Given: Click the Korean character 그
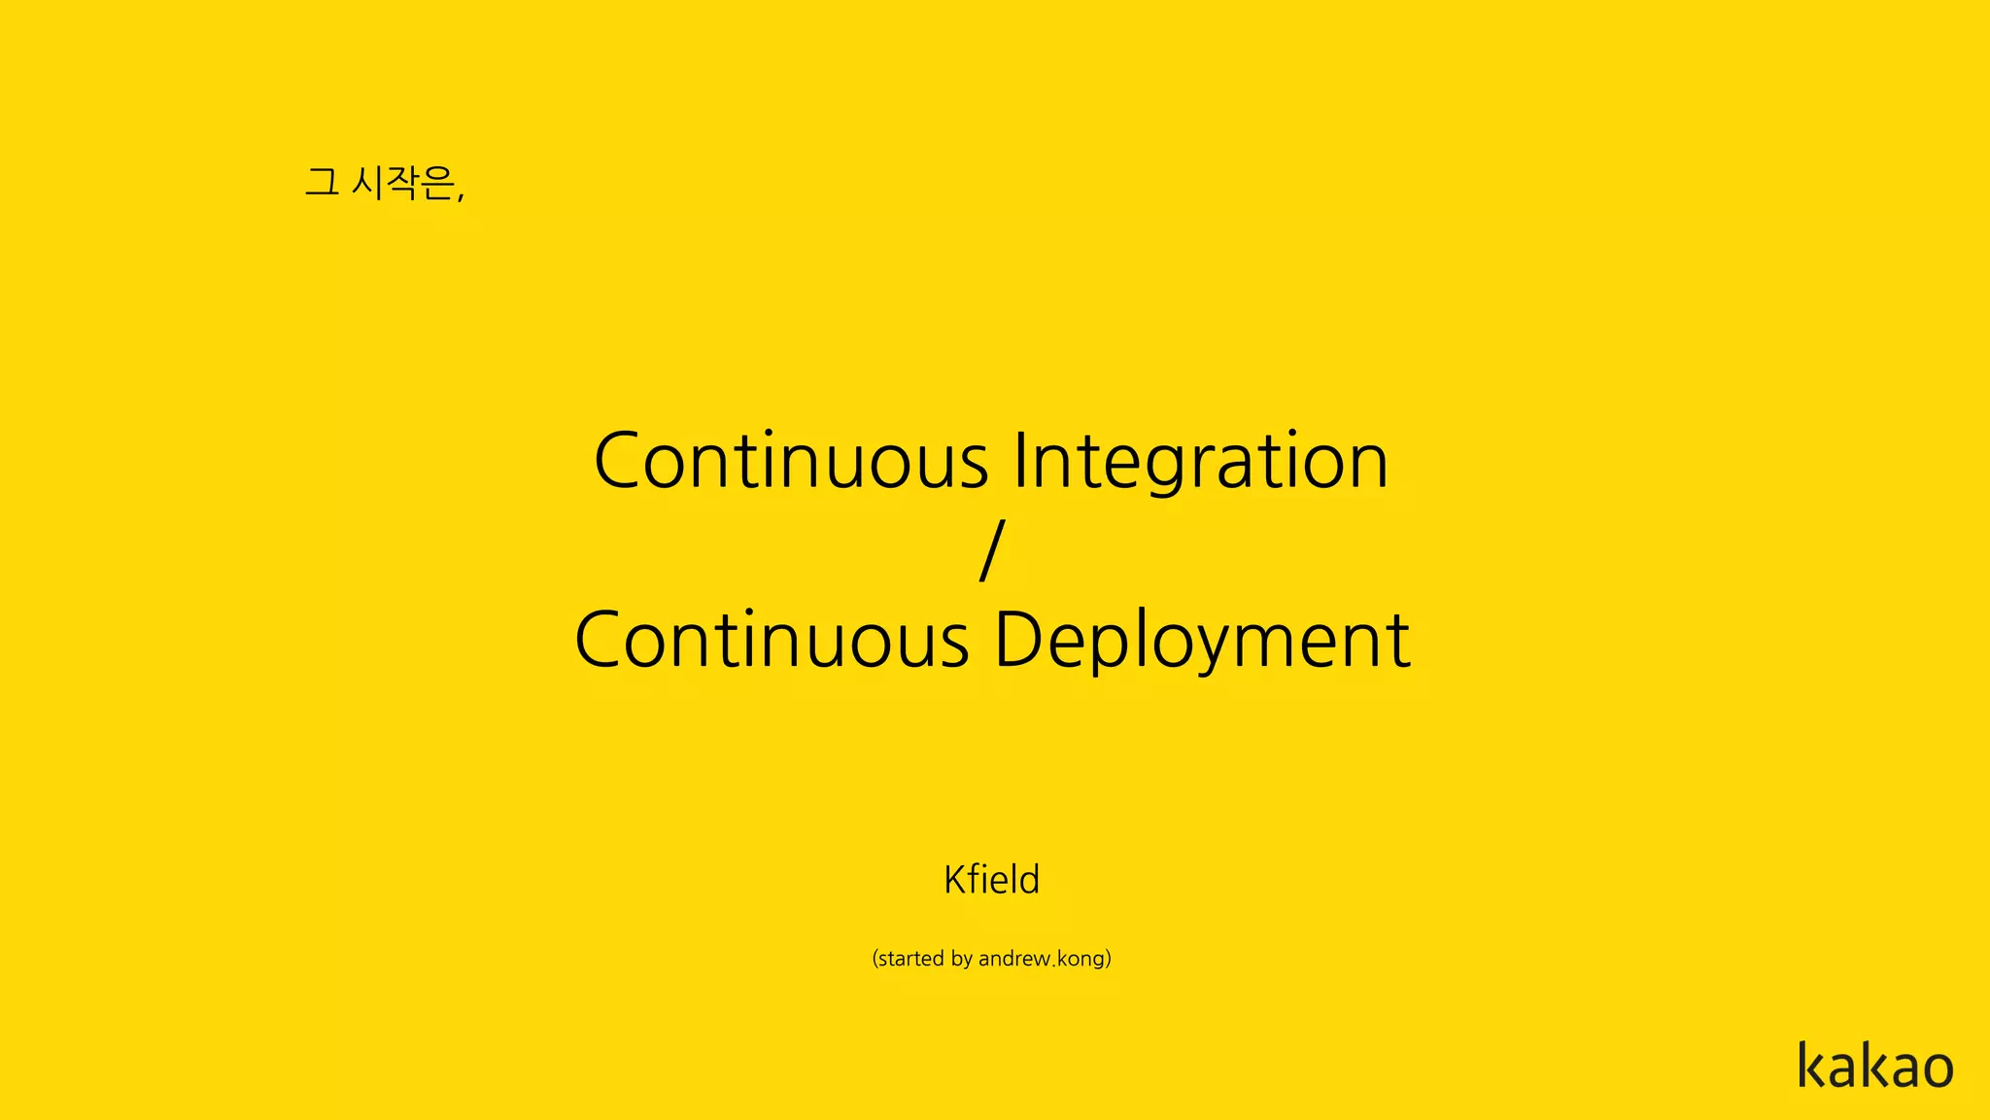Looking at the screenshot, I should coord(322,182).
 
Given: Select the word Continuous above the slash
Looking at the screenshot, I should coord(791,461).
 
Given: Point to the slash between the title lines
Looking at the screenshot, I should coord(991,550).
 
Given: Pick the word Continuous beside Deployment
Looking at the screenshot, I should coord(772,641).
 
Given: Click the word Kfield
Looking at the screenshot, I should coord(991,880).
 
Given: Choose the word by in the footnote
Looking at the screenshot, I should coord(962,960).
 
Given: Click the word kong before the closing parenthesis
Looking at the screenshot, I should coord(1080,960).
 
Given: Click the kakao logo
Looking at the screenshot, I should coord(1874,1066).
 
